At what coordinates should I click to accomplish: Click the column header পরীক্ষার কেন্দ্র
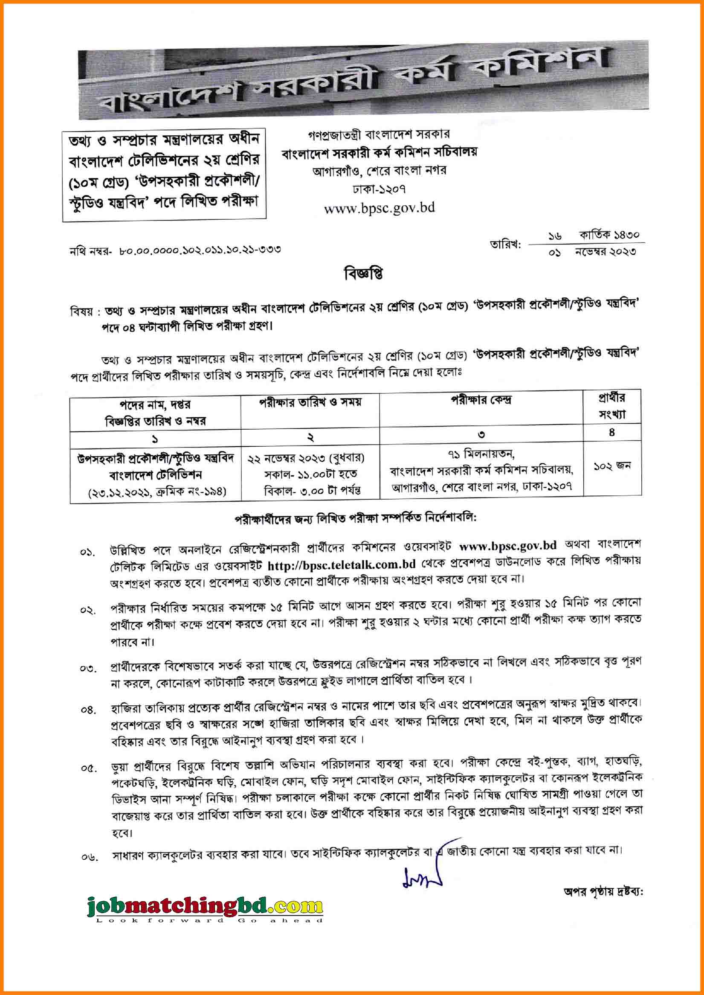point(481,400)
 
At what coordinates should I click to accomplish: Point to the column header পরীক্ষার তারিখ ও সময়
point(310,402)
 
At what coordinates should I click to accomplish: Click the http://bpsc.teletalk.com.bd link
point(342,564)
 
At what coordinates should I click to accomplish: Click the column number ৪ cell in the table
point(611,433)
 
